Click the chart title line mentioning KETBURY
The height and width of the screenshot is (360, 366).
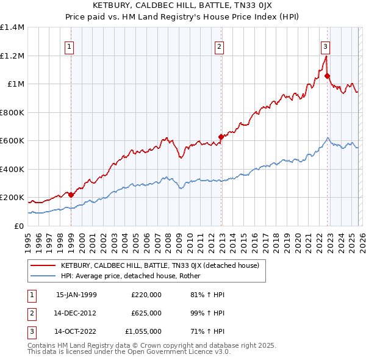pyautogui.click(x=182, y=5)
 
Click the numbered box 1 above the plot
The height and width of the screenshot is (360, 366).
pyautogui.click(x=69, y=46)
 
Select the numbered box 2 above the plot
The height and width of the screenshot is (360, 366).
pyautogui.click(x=219, y=46)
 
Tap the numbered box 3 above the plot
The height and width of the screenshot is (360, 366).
pyautogui.click(x=325, y=46)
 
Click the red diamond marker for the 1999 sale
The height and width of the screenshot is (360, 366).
pyautogui.click(x=71, y=195)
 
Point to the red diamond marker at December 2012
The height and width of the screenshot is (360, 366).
pyautogui.click(x=221, y=137)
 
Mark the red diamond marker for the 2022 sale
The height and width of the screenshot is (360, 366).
pyautogui.click(x=328, y=76)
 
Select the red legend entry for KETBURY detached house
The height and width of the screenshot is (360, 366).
pyautogui.click(x=159, y=265)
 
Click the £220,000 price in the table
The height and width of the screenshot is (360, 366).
pyautogui.click(x=146, y=295)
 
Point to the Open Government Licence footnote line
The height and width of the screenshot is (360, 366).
pyautogui.click(x=129, y=352)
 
